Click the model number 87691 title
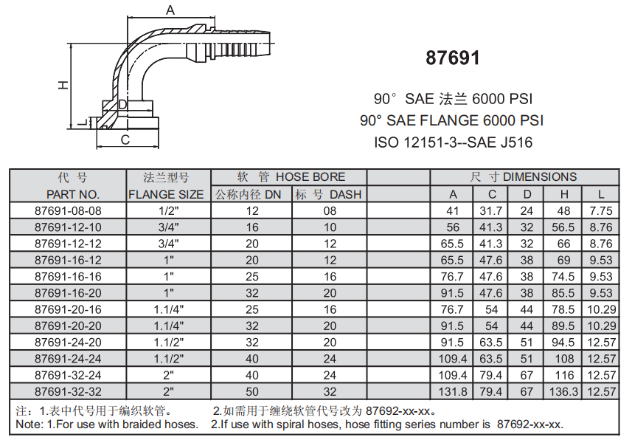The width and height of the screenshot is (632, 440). point(453,58)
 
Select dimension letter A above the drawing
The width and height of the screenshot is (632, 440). point(170,10)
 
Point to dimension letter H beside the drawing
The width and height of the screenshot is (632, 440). point(64,85)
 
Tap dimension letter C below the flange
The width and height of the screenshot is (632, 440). point(125,139)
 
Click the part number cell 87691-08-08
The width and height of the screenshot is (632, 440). point(68,210)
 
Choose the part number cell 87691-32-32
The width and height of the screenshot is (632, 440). point(68,391)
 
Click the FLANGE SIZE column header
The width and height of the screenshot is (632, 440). point(166,194)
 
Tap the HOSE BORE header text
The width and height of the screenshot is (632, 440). point(310,177)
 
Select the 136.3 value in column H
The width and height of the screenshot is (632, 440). point(563,391)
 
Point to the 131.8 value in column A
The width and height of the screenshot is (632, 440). point(453,391)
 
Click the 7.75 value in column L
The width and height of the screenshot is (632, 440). point(601,210)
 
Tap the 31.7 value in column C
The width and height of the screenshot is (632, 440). point(492,210)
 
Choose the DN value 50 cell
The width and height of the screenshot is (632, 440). point(252,391)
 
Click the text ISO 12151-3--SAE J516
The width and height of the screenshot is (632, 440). point(453,142)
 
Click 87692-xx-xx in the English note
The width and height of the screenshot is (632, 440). point(529,424)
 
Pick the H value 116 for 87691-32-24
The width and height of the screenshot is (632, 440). point(563,374)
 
